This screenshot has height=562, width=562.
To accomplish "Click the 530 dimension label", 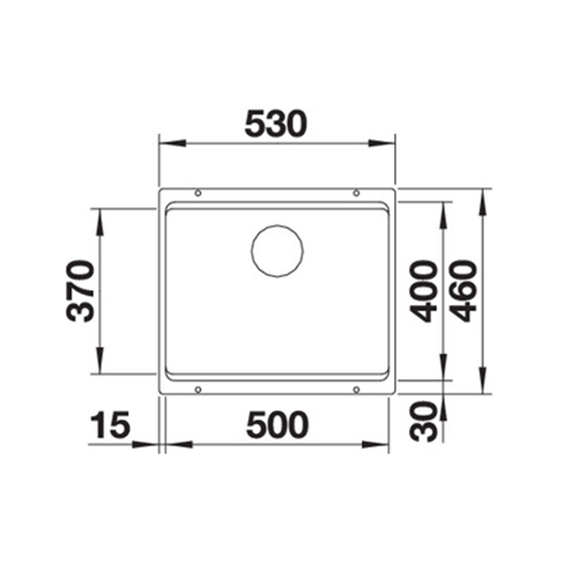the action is point(275,124).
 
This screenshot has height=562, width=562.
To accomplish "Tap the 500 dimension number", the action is point(277,425).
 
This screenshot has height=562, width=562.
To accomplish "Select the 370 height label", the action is point(80,291).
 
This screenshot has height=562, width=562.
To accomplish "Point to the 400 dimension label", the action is point(424,292).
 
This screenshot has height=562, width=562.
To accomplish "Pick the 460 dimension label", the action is point(463,292).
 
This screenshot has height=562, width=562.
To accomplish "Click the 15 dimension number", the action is point(110,425).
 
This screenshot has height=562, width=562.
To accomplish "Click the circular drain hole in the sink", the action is point(277,251).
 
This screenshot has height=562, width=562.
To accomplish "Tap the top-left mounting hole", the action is point(198,194).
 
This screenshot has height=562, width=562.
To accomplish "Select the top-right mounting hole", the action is point(356,194).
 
